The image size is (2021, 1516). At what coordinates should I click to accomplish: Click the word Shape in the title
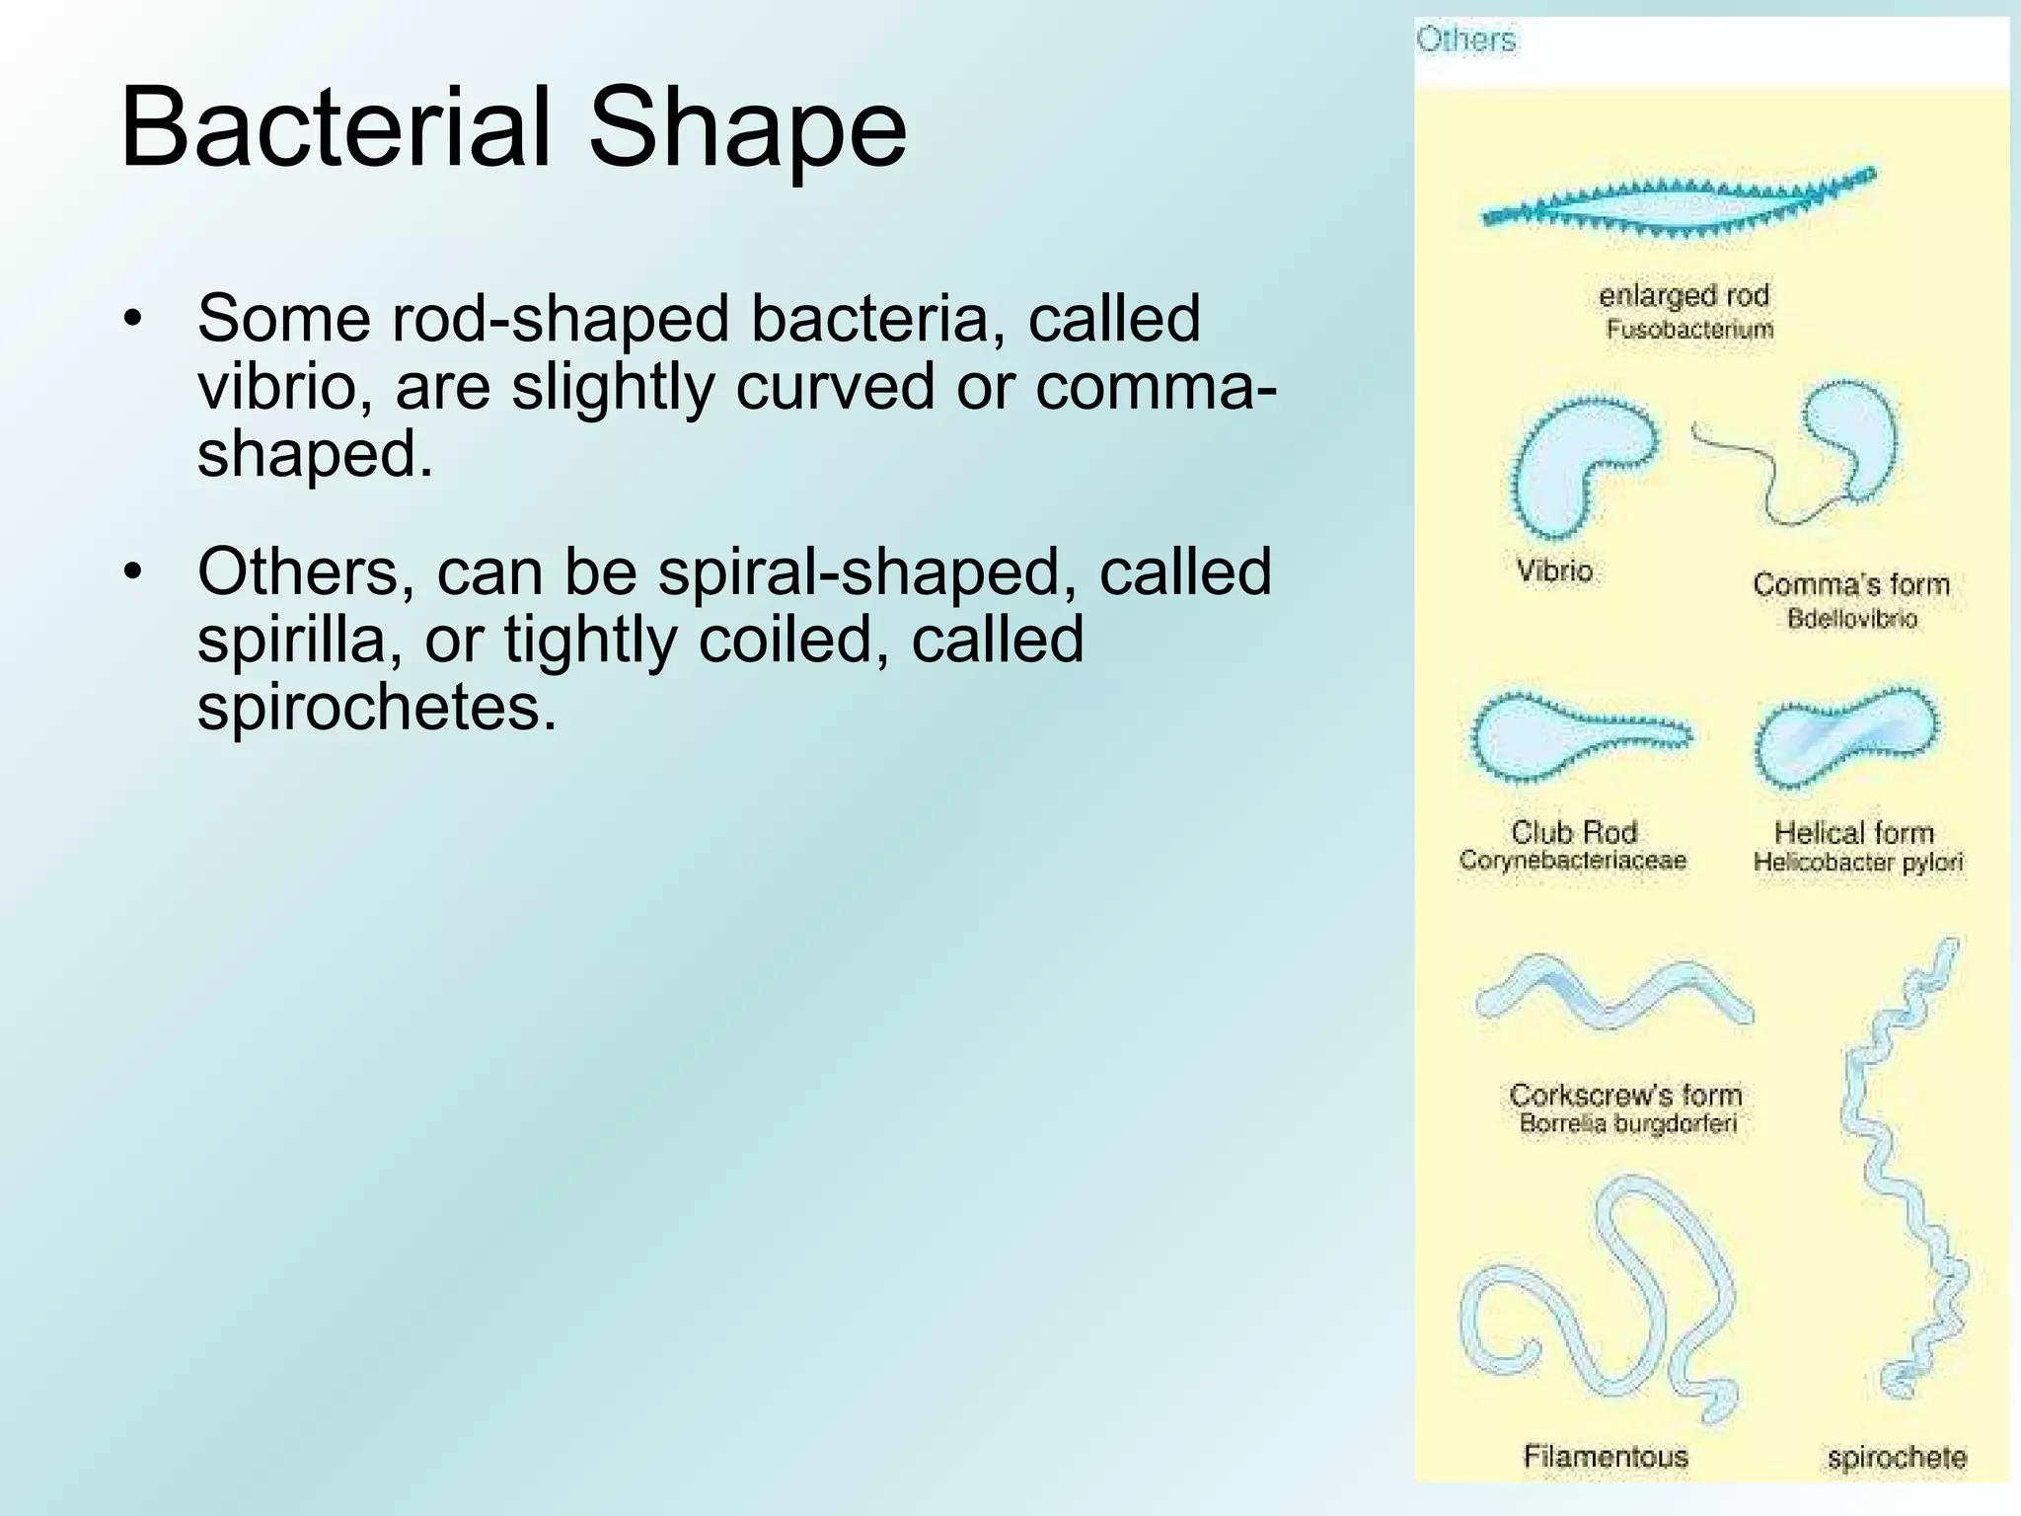pyautogui.click(x=747, y=129)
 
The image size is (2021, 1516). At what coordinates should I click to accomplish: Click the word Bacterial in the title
pyautogui.click(x=336, y=127)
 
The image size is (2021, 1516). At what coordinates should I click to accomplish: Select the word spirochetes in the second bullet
pyautogui.click(x=377, y=707)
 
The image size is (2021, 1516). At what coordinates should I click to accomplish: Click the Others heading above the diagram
pyautogui.click(x=1465, y=39)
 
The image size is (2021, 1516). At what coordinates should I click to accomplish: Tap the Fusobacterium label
pyautogui.click(x=1688, y=330)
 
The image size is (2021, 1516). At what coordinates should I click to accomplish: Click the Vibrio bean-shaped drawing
pyautogui.click(x=1569, y=464)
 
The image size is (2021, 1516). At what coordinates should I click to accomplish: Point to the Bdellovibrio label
pyautogui.click(x=1851, y=620)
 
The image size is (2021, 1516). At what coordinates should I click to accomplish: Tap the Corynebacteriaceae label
pyautogui.click(x=1572, y=861)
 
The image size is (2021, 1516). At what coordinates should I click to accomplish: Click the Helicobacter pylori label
pyautogui.click(x=1857, y=863)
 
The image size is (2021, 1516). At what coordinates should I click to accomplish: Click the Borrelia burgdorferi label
pyautogui.click(x=1627, y=1124)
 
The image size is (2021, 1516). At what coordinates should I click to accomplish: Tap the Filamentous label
pyautogui.click(x=1606, y=1456)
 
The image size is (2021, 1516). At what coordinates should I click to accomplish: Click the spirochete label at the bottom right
pyautogui.click(x=1896, y=1457)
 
